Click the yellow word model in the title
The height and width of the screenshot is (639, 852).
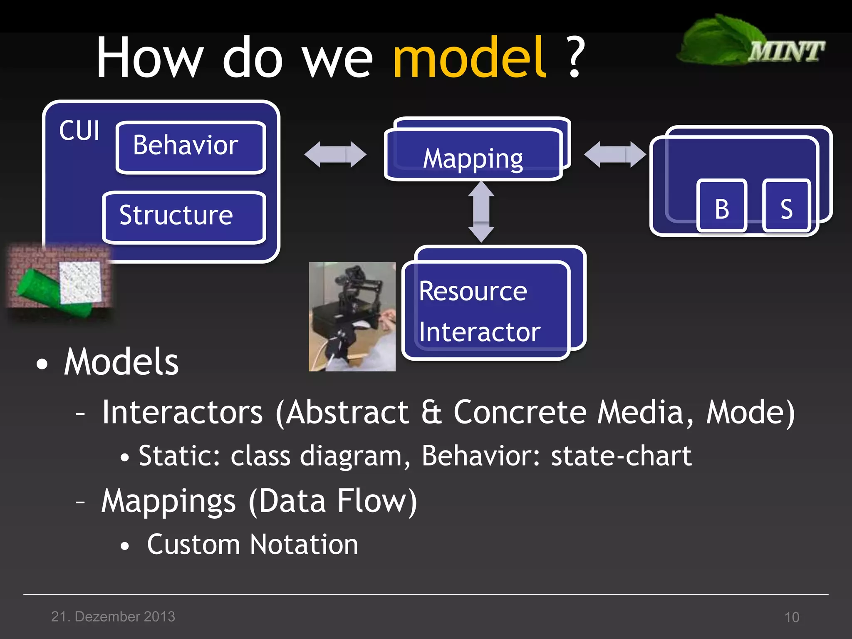click(469, 58)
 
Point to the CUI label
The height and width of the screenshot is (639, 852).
click(79, 131)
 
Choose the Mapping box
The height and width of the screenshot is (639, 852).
click(473, 158)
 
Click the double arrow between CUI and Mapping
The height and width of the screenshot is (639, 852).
click(335, 154)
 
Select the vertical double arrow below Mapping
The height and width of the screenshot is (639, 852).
click(481, 212)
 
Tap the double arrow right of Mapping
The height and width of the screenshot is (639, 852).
click(615, 154)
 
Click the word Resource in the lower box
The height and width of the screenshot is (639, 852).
click(473, 291)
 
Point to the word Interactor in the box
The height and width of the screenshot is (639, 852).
click(479, 332)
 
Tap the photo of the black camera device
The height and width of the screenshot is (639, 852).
click(352, 316)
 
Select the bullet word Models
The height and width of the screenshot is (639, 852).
click(121, 362)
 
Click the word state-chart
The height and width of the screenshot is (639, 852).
click(621, 456)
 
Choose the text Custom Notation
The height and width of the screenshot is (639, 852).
click(253, 545)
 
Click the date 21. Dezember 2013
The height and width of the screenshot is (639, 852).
click(113, 617)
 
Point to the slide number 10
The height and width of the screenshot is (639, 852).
click(792, 617)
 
